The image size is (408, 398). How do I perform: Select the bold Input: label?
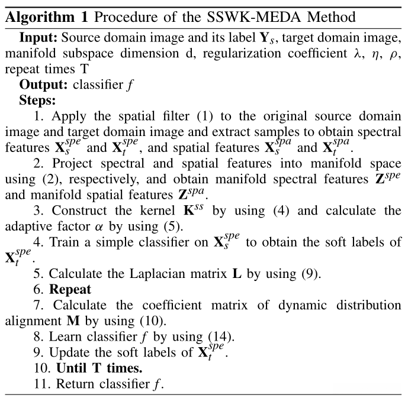point(39,38)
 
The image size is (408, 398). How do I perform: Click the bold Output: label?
point(44,84)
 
